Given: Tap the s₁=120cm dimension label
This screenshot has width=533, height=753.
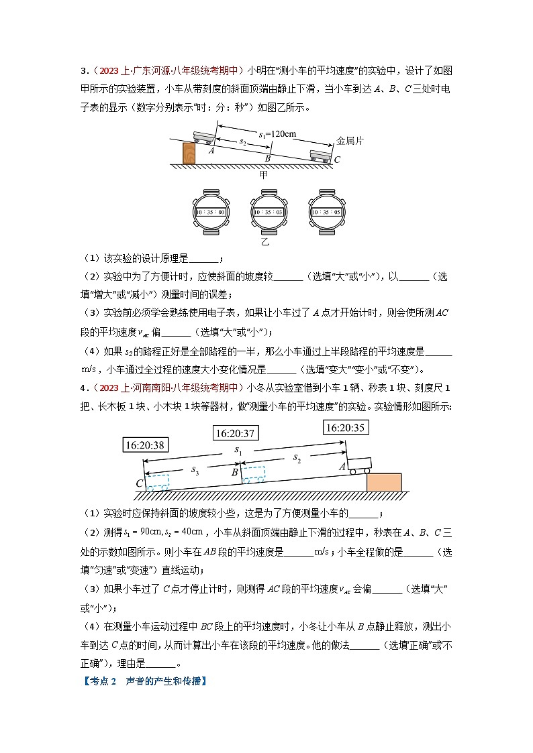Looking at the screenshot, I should tap(277, 133).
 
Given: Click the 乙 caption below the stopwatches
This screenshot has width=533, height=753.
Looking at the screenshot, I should tap(265, 243).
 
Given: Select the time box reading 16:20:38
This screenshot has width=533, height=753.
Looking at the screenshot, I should tap(146, 444).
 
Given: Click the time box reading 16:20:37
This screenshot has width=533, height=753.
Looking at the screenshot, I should tap(235, 434).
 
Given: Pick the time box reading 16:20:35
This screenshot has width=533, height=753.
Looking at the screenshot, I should tap(347, 427).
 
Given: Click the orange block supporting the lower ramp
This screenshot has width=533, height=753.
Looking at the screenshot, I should tap(384, 482).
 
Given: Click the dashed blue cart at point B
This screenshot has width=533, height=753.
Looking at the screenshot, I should tap(253, 474).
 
